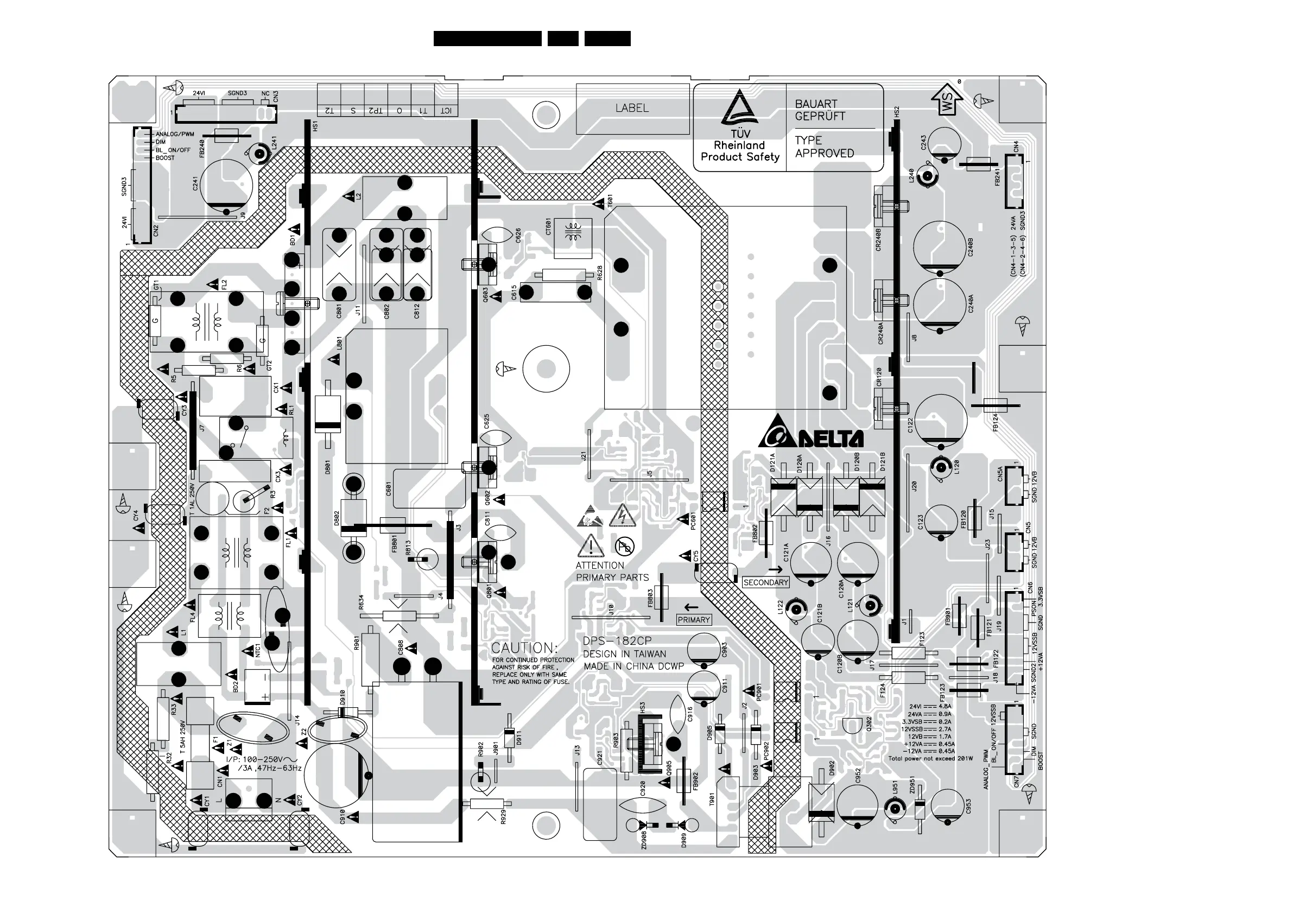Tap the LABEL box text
632,108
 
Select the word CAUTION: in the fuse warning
524,648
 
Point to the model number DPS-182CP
617,641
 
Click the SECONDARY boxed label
765,582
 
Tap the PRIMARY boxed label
694,619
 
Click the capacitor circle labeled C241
226,186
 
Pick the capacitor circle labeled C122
941,420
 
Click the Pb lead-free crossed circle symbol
624,545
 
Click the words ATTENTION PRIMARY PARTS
612,571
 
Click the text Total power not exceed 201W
930,759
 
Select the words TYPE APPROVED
824,147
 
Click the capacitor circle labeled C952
857,805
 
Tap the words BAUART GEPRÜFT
820,110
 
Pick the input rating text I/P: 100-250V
264,760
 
